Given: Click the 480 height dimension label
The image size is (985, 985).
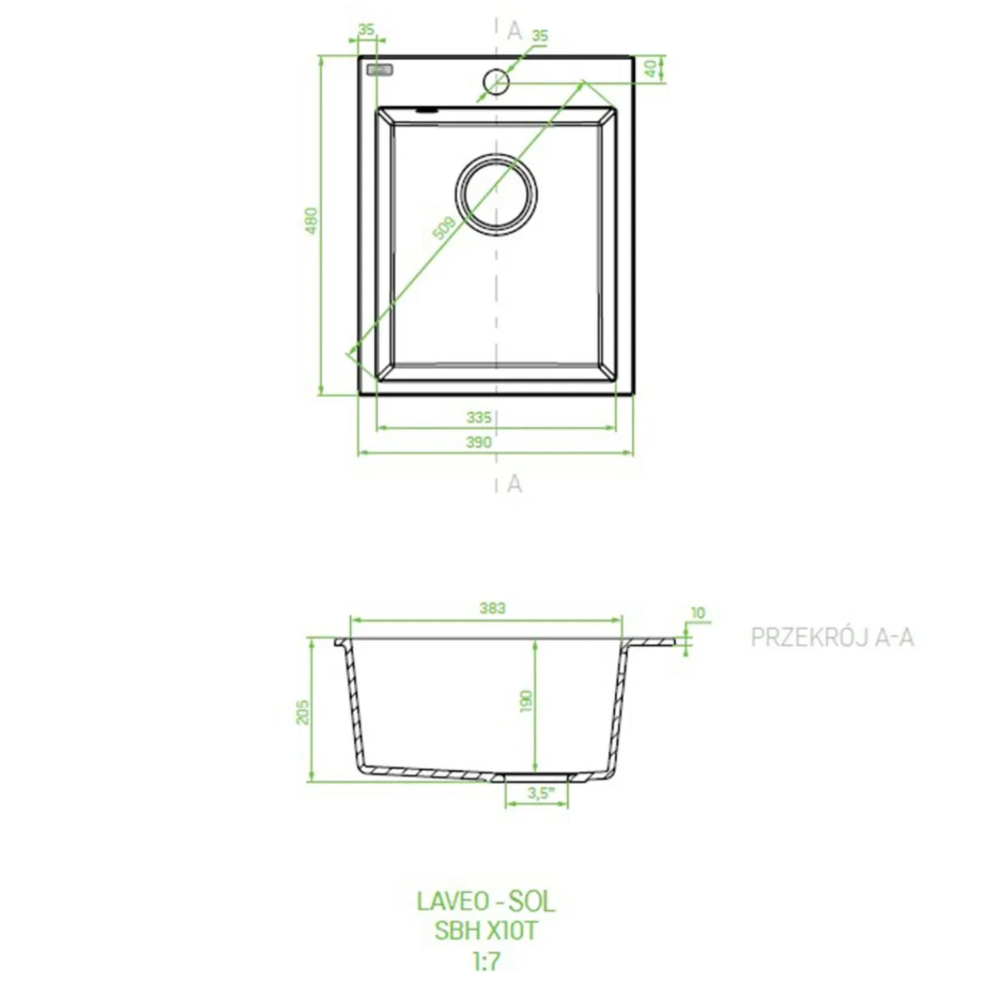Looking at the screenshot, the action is point(312,221).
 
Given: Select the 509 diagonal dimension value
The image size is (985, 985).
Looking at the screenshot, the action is point(444,228).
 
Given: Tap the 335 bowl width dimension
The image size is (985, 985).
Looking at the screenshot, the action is point(479,418).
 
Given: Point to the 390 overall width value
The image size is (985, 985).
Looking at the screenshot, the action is point(479,442).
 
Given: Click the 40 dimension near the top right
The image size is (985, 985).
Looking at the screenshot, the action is point(651,68).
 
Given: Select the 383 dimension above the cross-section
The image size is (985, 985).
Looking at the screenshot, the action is point(492,608).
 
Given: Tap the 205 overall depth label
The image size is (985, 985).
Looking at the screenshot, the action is point(303,712).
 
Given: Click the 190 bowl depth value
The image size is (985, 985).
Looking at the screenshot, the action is point(526,701).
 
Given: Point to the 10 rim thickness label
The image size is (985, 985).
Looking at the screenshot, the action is point(698,613).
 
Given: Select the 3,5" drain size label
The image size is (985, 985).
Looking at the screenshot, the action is point(541,794).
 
